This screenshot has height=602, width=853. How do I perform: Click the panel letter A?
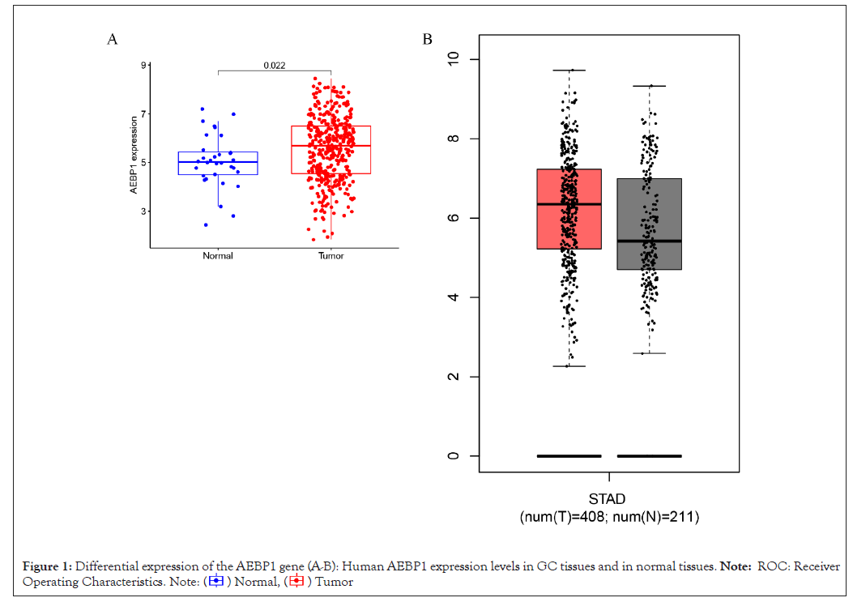click(x=113, y=40)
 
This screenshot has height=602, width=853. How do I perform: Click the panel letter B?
click(x=427, y=40)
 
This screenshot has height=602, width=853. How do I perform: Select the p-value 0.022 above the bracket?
click(x=275, y=66)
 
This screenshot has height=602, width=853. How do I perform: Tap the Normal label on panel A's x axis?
click(x=218, y=256)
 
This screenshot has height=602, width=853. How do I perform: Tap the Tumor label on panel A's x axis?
click(x=331, y=256)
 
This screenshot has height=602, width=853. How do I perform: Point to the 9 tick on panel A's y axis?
click(x=143, y=65)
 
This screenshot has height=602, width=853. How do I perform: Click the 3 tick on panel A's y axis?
click(x=143, y=211)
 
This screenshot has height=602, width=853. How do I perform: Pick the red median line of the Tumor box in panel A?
click(x=331, y=146)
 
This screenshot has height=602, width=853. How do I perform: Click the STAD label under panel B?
click(x=608, y=499)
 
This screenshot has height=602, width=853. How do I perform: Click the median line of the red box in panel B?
click(x=569, y=204)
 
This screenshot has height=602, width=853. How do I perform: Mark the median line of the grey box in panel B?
click(x=649, y=241)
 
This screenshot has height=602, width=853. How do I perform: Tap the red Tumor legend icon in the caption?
click(x=296, y=581)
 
